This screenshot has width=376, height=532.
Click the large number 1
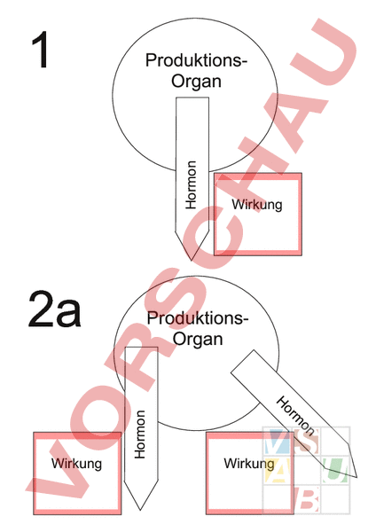coord(41,50)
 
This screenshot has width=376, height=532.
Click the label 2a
coord(55,309)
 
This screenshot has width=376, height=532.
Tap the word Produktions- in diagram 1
coord(197,60)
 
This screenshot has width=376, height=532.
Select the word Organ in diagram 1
coord(197,81)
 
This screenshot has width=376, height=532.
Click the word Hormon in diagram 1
coord(191,185)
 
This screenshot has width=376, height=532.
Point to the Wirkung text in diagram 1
coord(257,205)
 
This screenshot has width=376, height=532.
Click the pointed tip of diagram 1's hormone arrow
coord(191,261)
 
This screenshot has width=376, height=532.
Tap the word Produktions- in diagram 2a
coord(198,318)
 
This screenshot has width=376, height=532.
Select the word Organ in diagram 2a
coord(198,339)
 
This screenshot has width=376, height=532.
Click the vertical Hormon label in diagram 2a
coord(140,434)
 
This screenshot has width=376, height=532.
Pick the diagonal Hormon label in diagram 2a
coord(295,416)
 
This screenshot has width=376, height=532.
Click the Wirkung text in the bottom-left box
coord(76,464)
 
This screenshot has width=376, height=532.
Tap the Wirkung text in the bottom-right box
coord(249,464)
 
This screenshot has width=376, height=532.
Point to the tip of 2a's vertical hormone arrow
coord(140,510)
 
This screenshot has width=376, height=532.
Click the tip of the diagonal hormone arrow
coord(356,477)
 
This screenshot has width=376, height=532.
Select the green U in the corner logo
coord(335,470)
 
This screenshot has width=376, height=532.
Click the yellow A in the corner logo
coord(277,470)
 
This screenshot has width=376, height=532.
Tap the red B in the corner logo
coord(307,498)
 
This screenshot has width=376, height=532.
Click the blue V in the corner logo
coord(277,441)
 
